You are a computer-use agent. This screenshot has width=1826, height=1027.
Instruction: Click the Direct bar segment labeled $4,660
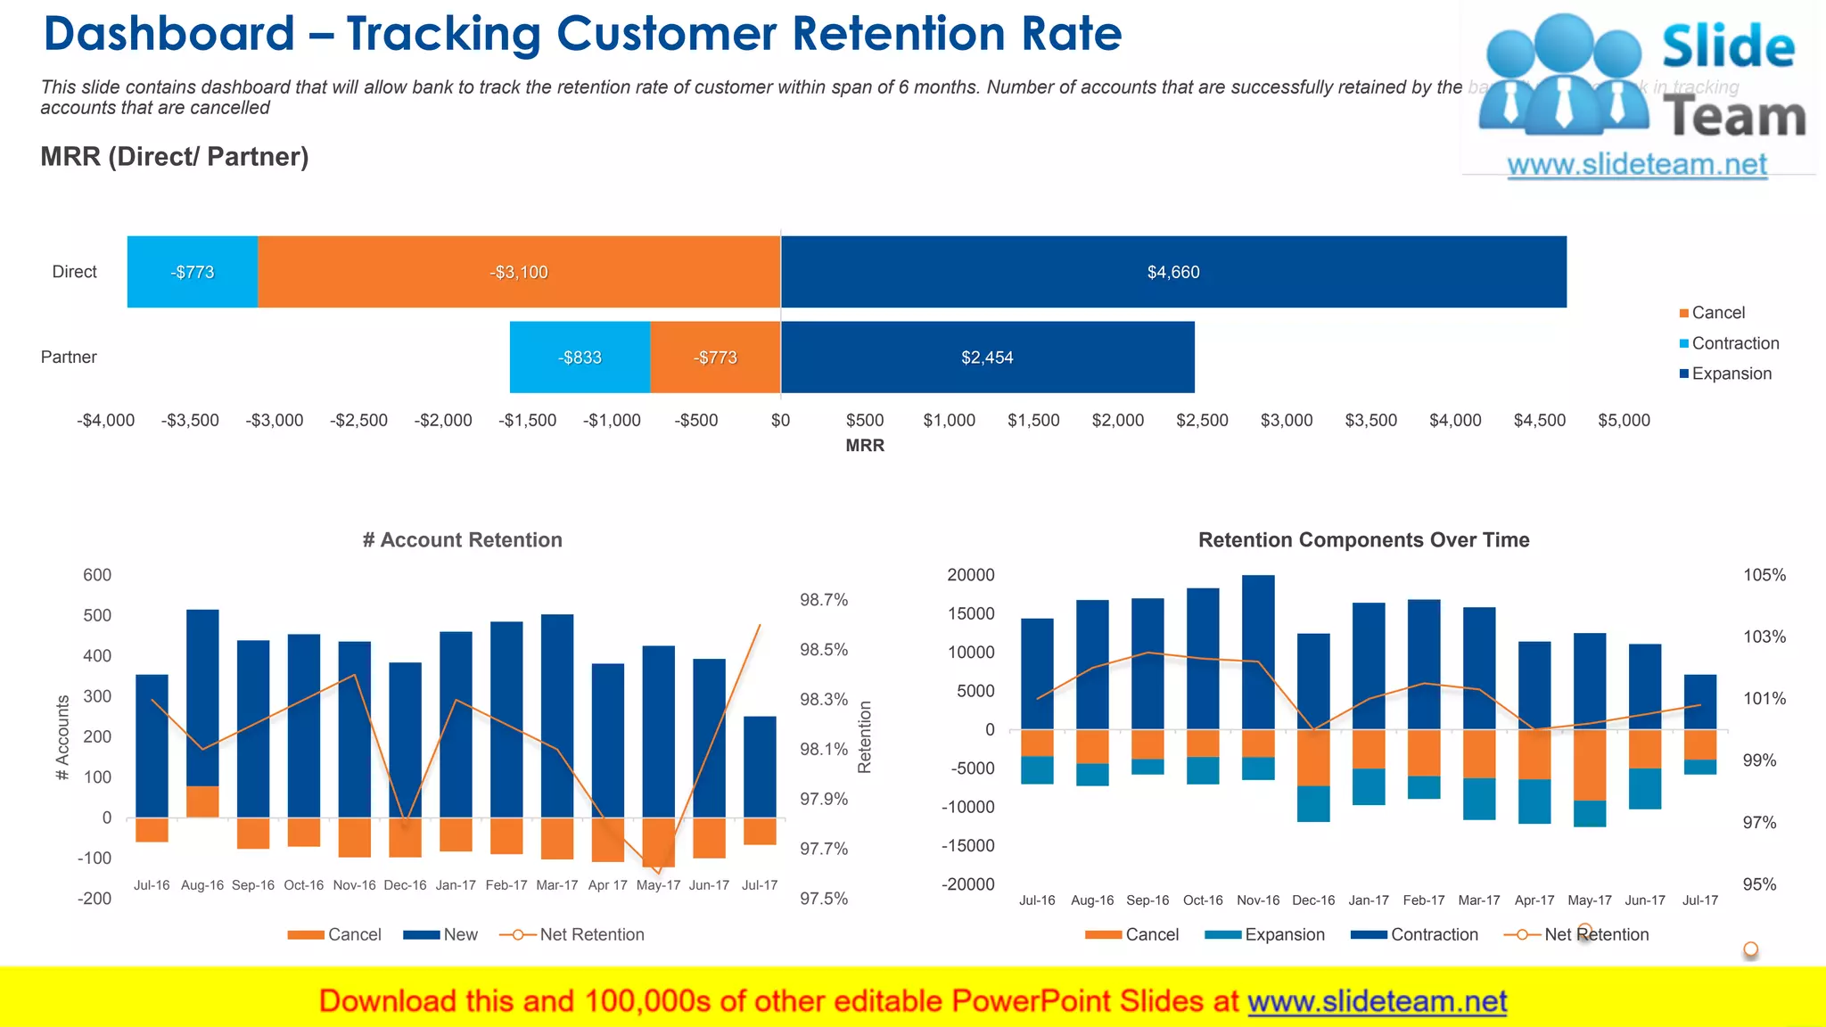tap(1172, 272)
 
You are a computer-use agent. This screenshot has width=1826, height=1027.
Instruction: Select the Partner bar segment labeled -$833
tap(580, 357)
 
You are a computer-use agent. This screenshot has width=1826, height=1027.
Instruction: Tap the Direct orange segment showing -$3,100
tap(519, 272)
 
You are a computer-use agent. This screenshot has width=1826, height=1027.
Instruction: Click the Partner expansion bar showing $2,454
tap(987, 357)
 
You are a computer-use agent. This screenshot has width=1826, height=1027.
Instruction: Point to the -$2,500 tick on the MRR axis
tap(358, 420)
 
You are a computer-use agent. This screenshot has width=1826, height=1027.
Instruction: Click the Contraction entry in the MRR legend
tap(1734, 343)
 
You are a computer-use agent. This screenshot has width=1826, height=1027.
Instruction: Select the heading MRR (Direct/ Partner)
tap(175, 157)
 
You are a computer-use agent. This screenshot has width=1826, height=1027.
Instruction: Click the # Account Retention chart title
tap(462, 540)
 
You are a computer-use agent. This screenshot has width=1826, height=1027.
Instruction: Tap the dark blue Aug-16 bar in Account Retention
tap(202, 695)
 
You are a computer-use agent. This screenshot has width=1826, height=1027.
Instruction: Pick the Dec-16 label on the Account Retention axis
tap(405, 885)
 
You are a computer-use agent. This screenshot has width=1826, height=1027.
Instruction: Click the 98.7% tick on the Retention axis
tap(823, 600)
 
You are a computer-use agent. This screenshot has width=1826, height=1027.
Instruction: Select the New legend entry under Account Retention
tap(460, 934)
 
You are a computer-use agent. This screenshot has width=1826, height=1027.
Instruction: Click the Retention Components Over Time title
tap(1363, 540)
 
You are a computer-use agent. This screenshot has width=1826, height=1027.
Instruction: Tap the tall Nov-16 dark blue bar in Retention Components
tap(1258, 651)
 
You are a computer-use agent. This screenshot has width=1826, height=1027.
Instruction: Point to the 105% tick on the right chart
tap(1764, 575)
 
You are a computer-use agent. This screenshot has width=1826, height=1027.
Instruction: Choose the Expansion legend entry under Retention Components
tap(1284, 934)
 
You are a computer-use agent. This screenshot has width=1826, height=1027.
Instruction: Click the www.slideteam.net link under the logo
tap(1636, 165)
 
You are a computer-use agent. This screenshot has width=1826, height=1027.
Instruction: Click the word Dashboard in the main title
tap(169, 34)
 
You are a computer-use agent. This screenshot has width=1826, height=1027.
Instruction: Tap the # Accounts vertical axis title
tap(62, 737)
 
